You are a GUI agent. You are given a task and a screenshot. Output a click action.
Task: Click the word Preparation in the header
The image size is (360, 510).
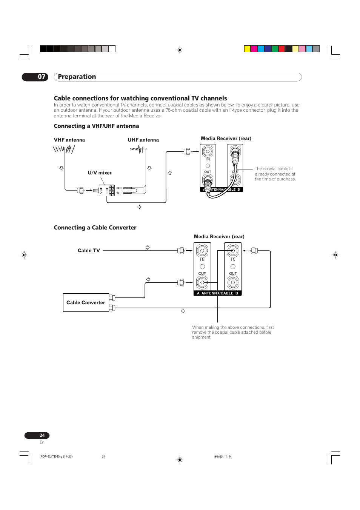point(77,77)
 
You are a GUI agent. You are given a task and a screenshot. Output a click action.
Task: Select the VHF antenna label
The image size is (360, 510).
point(69,140)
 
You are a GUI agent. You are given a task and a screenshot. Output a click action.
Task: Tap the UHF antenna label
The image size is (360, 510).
point(143,140)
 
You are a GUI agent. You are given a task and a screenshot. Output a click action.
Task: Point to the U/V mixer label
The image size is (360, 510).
point(100,173)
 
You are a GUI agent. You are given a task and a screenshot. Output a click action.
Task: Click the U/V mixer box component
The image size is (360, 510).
point(106,191)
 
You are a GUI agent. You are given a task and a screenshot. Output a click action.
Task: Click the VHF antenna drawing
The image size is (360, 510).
point(64,149)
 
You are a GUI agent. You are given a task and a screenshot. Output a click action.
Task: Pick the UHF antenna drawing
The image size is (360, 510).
point(137,149)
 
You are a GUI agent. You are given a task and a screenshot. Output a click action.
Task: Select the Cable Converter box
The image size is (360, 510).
point(86,303)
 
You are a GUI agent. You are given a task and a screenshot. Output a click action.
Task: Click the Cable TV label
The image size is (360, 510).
point(89,251)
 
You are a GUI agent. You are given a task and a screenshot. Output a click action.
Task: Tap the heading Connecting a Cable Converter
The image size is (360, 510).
point(95,228)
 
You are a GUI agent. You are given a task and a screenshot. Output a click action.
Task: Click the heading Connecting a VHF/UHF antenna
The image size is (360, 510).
point(96,126)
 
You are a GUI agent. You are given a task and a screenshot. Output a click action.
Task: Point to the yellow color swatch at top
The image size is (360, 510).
point(247,49)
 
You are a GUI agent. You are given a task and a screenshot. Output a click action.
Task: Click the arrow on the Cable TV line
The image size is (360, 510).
point(148,248)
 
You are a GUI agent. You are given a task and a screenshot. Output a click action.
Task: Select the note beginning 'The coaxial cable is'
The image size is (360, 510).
point(275,174)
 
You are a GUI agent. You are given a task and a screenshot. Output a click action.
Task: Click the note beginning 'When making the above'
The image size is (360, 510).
point(232,332)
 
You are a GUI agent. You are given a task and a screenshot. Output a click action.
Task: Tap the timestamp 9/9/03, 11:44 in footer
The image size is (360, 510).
point(223,456)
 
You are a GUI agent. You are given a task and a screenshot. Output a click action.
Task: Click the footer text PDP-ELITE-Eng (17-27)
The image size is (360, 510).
point(57,456)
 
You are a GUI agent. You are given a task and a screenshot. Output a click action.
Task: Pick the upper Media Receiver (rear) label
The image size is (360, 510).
point(226,139)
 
